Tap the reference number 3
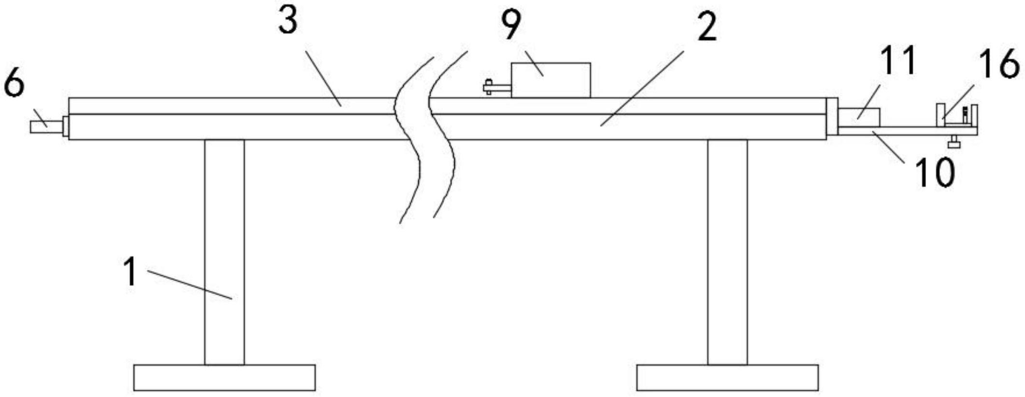coord(288,22)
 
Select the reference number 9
coord(511,26)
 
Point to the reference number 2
coord(707,27)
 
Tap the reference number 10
coord(935,172)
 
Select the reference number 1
coord(130,272)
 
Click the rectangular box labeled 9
coord(550,81)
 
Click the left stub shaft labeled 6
coord(46,127)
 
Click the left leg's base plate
coord(225,377)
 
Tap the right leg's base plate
coord(727,377)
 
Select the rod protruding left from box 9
coord(497,87)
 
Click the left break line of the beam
coord(410,140)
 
